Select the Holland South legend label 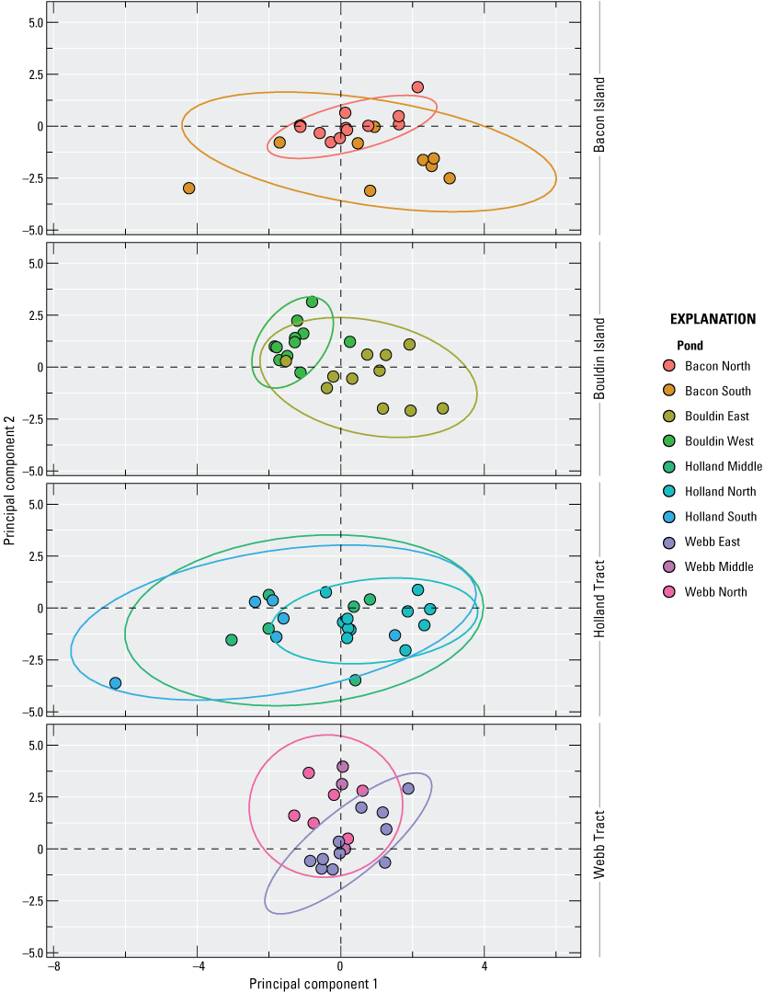tap(721, 517)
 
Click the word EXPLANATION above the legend tap(713, 320)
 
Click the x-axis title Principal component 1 tap(313, 983)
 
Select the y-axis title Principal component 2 tap(11, 479)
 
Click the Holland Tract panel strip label tap(599, 599)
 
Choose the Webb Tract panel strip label tap(599, 840)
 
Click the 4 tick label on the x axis tap(484, 966)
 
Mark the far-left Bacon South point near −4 tap(189, 188)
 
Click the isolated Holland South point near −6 tap(115, 683)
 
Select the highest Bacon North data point tap(417, 87)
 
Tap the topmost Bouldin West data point tap(312, 302)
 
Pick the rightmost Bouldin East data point tap(443, 408)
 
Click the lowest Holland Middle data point tap(355, 680)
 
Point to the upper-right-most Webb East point tap(408, 789)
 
